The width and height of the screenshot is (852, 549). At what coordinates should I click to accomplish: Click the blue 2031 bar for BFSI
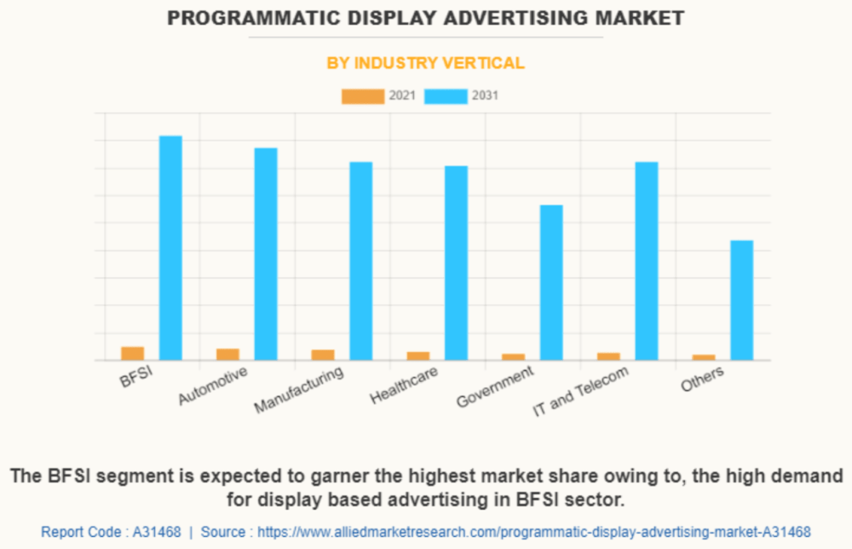point(170,248)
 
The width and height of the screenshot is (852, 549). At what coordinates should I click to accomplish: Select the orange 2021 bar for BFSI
point(133,353)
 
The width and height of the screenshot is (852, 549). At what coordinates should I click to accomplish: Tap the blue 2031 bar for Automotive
point(266,254)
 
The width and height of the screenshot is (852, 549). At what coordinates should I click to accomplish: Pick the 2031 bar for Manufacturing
point(360,261)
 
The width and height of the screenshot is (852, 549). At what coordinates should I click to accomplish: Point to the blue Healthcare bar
point(456,263)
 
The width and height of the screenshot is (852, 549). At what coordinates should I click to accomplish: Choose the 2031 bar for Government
point(551,283)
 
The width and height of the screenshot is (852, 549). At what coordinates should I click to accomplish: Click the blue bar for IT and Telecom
point(647,261)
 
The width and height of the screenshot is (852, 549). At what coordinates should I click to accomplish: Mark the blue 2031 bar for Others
point(742,300)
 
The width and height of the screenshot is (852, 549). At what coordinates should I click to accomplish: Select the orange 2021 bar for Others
point(704,357)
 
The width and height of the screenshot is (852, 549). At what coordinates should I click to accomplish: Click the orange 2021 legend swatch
point(363,96)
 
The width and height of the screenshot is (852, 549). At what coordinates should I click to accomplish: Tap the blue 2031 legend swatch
point(446,96)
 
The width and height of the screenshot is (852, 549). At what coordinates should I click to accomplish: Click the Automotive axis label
point(212,385)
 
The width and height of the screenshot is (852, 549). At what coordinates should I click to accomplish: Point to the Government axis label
point(495,386)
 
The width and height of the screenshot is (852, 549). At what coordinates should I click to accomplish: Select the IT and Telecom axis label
point(580,390)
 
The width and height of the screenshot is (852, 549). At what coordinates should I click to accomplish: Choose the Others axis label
point(702,379)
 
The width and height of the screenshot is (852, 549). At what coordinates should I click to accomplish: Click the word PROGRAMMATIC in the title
point(253,18)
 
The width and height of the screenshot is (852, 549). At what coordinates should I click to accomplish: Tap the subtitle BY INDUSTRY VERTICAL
point(425,63)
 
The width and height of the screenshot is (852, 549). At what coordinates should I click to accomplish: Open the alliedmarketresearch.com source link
point(533,532)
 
